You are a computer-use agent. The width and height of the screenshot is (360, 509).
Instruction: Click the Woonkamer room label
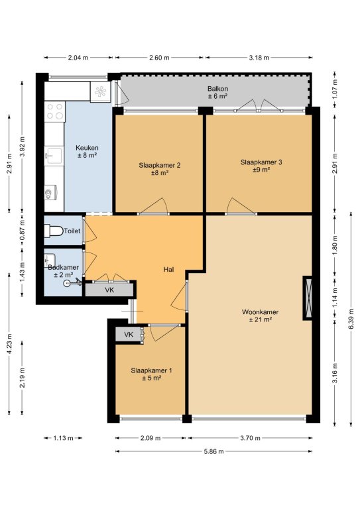(260, 312)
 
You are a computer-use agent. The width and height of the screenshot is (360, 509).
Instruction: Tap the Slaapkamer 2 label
(159, 165)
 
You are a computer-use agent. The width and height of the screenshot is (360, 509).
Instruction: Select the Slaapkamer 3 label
(261, 162)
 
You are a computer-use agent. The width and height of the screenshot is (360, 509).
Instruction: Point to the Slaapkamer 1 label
(152, 370)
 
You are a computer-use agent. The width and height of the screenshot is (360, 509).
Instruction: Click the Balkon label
(218, 89)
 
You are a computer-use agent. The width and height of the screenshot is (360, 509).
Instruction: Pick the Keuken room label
(87, 148)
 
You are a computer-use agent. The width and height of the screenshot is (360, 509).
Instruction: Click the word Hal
(169, 270)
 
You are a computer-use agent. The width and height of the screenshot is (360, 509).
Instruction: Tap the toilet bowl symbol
(54, 231)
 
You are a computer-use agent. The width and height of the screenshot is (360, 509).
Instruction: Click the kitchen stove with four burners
(55, 111)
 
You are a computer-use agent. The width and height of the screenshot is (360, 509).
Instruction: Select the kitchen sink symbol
(54, 156)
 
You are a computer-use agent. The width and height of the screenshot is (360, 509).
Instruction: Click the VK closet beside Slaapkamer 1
(129, 335)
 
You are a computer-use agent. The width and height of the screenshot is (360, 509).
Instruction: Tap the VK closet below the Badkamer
(109, 290)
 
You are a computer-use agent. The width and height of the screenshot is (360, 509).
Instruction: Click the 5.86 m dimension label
(214, 451)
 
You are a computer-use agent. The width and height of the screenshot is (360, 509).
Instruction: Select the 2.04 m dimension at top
(78, 58)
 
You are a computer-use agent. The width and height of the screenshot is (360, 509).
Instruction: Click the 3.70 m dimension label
(251, 438)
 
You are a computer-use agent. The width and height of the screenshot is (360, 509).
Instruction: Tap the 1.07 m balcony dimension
(335, 89)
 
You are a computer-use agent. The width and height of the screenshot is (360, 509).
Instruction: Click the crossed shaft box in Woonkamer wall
(308, 298)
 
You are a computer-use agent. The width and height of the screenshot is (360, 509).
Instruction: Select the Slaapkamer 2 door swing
(154, 206)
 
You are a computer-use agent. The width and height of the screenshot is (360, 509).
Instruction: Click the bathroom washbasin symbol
(49, 260)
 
